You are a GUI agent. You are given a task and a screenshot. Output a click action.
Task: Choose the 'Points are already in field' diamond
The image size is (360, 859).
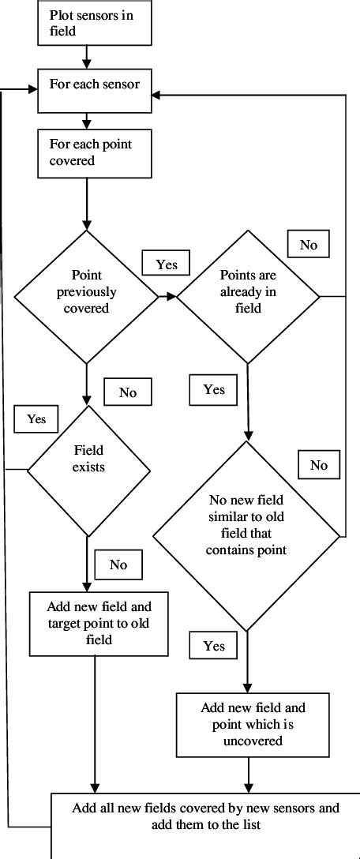pos(247,297)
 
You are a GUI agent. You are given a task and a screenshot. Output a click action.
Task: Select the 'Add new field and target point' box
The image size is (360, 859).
pos(99,623)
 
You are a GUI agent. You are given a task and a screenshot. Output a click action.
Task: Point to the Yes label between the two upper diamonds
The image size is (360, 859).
pos(167,264)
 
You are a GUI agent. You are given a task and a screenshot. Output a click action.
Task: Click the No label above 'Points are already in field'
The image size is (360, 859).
pos(309,245)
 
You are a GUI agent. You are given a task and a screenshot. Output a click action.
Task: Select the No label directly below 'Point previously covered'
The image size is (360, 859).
pos(128,392)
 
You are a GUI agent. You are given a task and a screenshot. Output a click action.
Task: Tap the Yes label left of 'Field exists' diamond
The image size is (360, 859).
pos(36,418)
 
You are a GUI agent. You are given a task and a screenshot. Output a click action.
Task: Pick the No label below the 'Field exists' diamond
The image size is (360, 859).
pos(118,565)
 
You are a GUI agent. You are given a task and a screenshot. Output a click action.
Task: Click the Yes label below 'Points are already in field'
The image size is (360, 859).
pos(214,389)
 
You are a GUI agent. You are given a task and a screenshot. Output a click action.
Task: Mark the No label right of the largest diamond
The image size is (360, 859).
pos(318,465)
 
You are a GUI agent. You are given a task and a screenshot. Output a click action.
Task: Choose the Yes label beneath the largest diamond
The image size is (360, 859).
pos(214,646)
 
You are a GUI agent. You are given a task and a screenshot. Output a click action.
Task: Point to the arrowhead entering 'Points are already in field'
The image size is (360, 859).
pos(172,297)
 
